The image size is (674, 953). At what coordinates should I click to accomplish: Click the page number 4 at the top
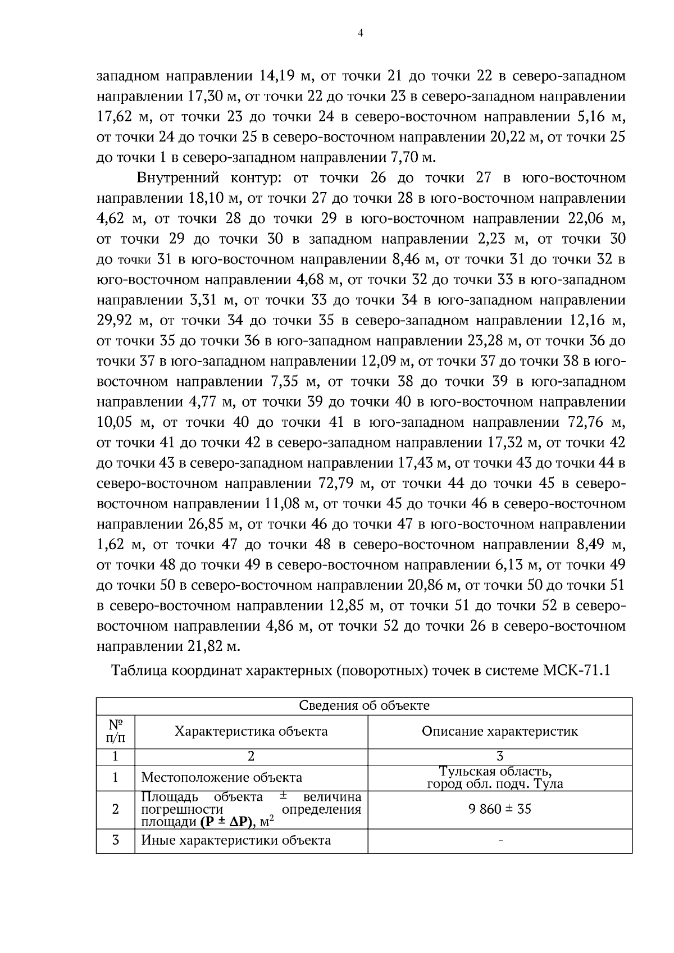pyautogui.click(x=360, y=33)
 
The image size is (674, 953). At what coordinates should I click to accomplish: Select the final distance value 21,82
pyautogui.click(x=204, y=646)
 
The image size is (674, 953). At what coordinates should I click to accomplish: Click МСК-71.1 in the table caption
pyautogui.click(x=576, y=671)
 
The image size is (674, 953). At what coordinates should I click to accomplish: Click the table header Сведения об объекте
pyautogui.click(x=364, y=705)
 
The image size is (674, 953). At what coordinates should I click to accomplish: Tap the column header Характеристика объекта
pyautogui.click(x=251, y=731)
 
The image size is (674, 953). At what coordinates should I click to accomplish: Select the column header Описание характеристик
pyautogui.click(x=500, y=731)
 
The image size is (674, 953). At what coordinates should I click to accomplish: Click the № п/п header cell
pyautogui.click(x=115, y=731)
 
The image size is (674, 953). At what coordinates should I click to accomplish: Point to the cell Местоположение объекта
pyautogui.click(x=221, y=777)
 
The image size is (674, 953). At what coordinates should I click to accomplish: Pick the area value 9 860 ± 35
pyautogui.click(x=500, y=809)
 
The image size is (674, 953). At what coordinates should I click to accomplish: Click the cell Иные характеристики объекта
pyautogui.click(x=236, y=840)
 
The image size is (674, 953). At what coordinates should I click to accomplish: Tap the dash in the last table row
pyautogui.click(x=500, y=841)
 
